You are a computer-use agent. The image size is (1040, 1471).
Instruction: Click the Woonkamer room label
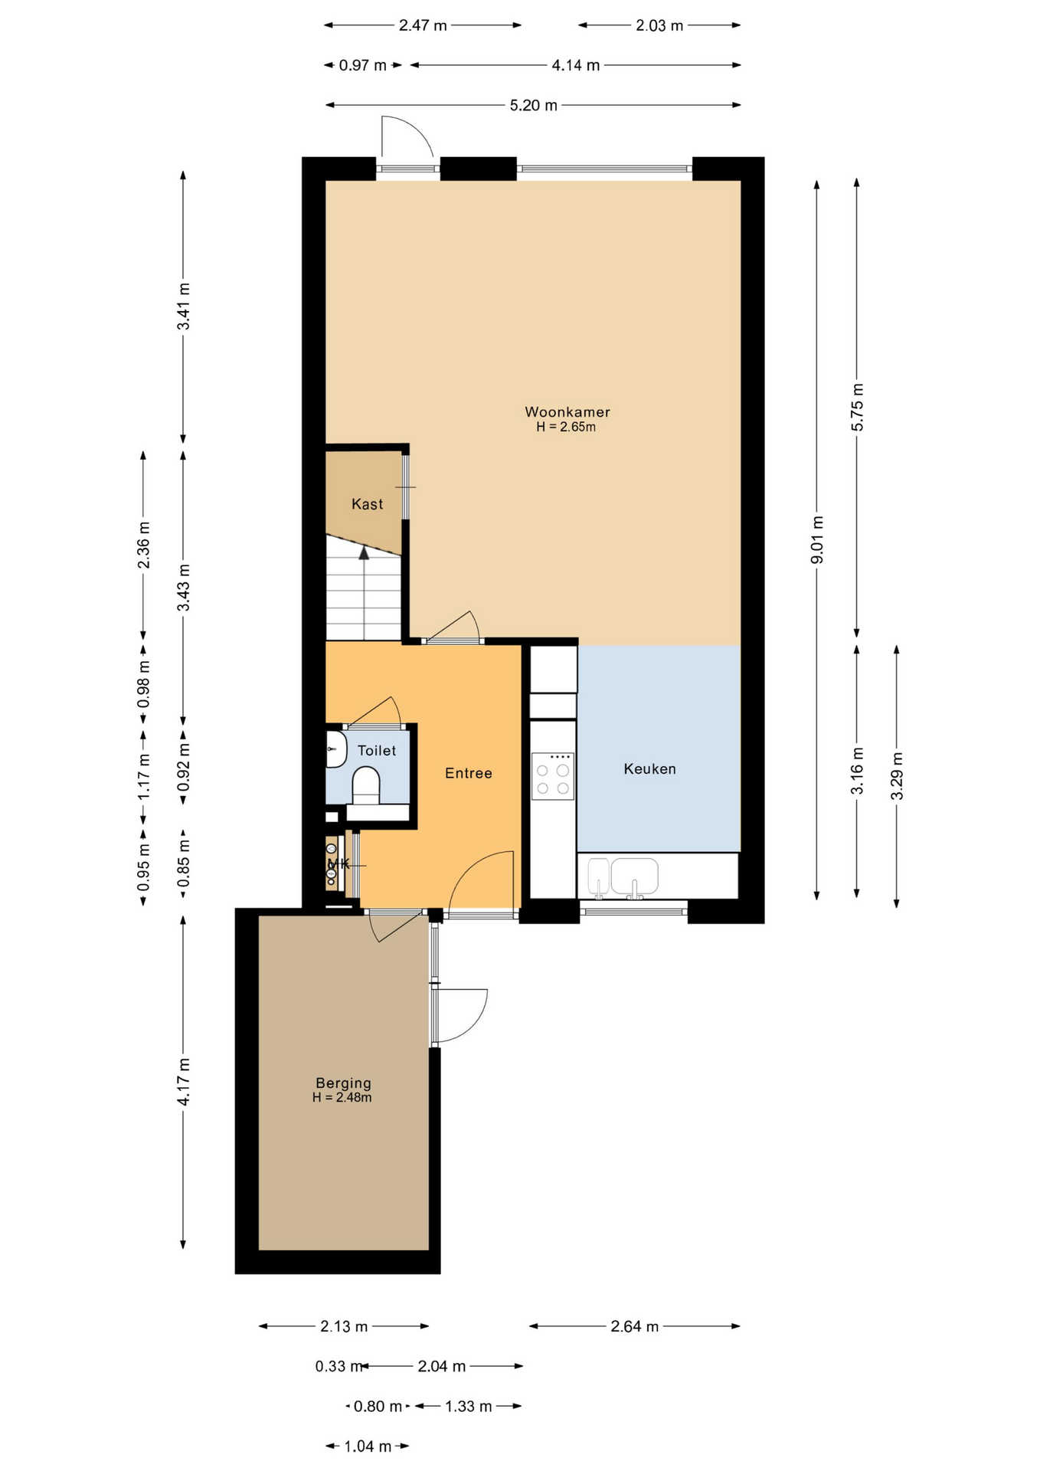coord(567,411)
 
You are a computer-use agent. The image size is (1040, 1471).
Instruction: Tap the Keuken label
coord(649,768)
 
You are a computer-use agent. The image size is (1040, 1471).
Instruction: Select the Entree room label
coord(468,773)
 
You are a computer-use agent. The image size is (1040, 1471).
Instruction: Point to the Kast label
coord(367,503)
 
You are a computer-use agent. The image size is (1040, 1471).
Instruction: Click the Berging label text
coord(343,1083)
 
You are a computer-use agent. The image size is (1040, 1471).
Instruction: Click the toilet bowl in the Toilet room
coord(365,786)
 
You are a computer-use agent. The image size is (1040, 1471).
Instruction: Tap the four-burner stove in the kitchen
coord(553,776)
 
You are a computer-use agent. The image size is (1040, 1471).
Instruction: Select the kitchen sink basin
coord(634,876)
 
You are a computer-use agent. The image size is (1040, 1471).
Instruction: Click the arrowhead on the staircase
coord(364,552)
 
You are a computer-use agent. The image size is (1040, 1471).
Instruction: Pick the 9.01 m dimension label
coord(817,540)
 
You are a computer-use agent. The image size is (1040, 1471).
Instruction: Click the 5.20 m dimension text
coord(533,105)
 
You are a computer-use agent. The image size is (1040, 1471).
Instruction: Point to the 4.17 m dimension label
coord(183,1081)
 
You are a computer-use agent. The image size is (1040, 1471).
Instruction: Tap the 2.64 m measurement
coord(634,1326)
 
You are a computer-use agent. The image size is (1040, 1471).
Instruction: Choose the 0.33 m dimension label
coord(338,1366)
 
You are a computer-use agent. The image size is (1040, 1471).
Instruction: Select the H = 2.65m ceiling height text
coord(566,427)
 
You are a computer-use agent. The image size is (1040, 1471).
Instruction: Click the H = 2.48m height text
coord(342,1097)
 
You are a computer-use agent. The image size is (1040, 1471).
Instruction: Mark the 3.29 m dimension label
coord(897,776)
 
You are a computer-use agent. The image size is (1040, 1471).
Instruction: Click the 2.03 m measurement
coord(659,25)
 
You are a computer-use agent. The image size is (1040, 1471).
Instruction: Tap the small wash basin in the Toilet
coord(335,749)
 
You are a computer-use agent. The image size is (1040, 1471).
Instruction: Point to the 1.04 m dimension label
coord(367,1446)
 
